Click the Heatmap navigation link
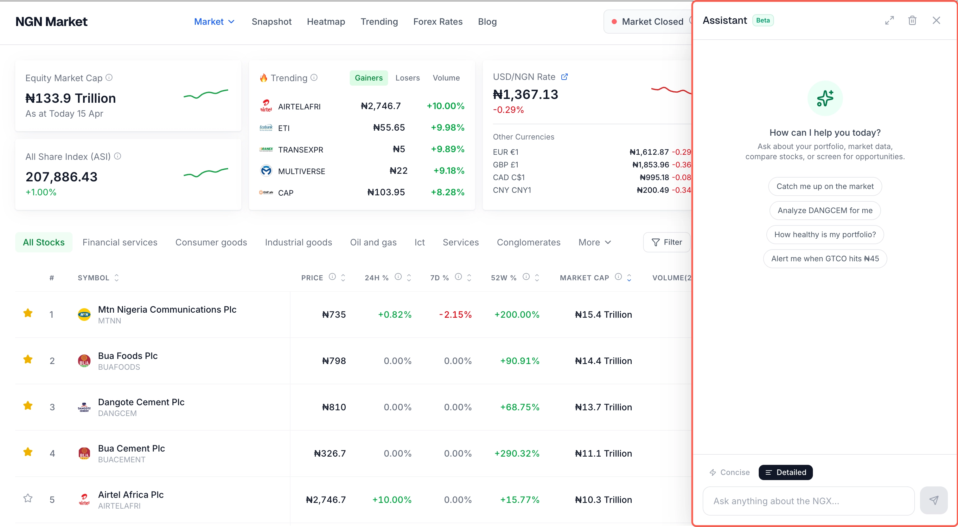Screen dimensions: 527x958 326,22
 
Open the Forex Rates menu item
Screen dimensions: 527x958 438,22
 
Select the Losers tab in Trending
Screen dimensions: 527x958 407,78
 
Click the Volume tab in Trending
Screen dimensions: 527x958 446,78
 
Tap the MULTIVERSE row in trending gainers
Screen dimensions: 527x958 301,171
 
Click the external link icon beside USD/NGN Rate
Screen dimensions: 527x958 564,77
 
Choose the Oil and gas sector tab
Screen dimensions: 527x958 373,242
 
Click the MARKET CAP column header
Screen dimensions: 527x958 584,278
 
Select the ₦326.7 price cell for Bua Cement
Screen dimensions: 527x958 330,453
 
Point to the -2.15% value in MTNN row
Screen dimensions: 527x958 455,315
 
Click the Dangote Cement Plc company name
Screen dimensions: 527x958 141,402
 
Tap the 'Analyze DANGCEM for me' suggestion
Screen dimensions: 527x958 825,210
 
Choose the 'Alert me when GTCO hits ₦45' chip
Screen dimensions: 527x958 825,259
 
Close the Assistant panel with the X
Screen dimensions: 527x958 936,21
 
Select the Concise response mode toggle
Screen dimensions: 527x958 729,472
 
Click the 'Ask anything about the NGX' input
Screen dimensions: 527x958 808,501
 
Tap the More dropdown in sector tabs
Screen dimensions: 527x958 594,242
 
